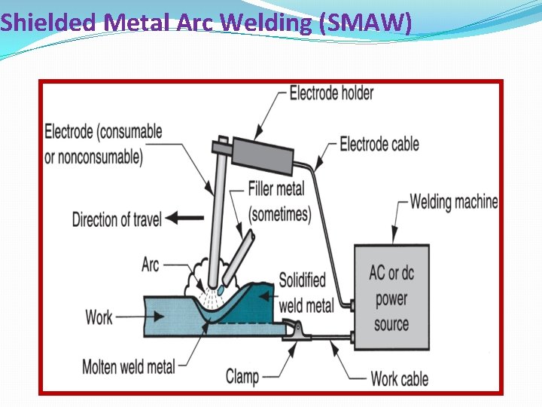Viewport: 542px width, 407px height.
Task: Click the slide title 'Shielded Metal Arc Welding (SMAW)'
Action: pyautogui.click(x=206, y=23)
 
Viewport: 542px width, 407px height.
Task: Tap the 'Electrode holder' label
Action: pyautogui.click(x=331, y=93)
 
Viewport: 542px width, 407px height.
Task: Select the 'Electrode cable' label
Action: pyautogui.click(x=379, y=143)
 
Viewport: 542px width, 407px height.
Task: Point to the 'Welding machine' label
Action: pyautogui.click(x=454, y=201)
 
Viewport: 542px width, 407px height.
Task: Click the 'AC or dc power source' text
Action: pyautogui.click(x=391, y=298)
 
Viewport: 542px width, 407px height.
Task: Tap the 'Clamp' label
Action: pyautogui.click(x=242, y=375)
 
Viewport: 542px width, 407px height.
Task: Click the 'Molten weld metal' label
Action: pyautogui.click(x=129, y=367)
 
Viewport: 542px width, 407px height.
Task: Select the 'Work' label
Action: pyautogui.click(x=99, y=317)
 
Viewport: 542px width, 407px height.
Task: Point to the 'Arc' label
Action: pyautogui.click(x=151, y=265)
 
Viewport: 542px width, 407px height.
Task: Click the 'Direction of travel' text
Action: pyautogui.click(x=117, y=219)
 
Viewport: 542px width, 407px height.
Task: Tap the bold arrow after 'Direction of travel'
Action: pyautogui.click(x=179, y=219)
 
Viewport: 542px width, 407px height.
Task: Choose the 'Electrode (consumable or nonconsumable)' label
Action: pyautogui.click(x=103, y=143)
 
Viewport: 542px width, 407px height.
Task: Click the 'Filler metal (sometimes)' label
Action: pyautogui.click(x=279, y=201)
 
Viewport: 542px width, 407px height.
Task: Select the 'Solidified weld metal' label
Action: pyautogui.click(x=302, y=292)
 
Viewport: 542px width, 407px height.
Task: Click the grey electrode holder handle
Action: pyautogui.click(x=261, y=154)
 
